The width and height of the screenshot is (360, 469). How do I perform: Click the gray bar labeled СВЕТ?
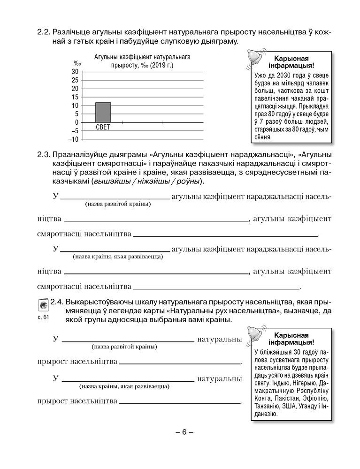tap(103, 112)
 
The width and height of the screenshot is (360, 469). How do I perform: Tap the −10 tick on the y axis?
tap(73, 139)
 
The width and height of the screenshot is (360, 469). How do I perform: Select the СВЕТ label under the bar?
tap(103, 127)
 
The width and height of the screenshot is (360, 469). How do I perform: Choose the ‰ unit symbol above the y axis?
tap(77, 63)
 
